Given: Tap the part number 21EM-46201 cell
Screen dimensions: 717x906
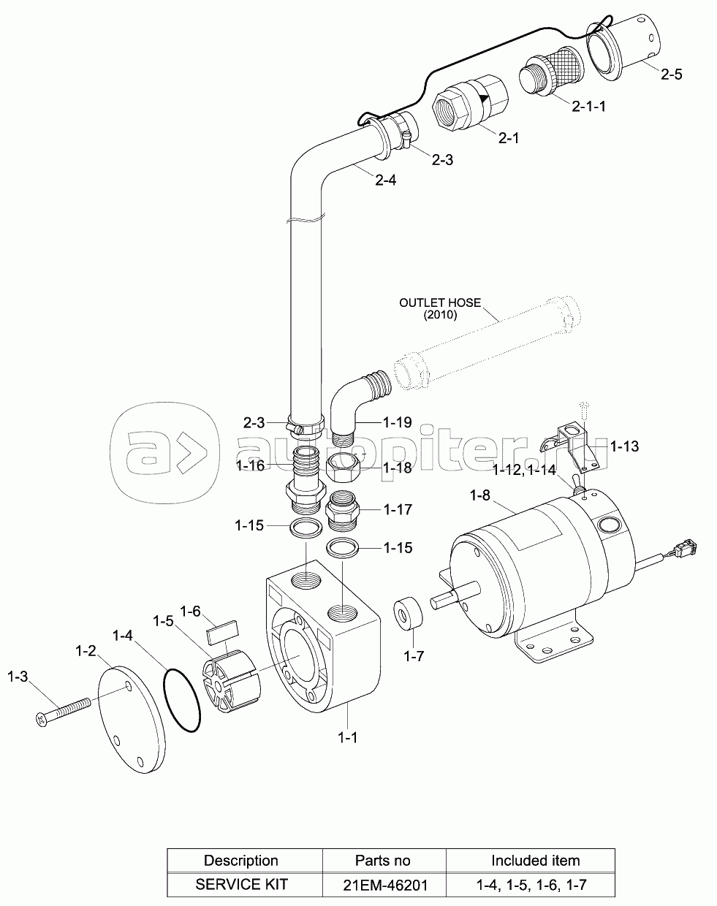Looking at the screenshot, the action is pos(384,885).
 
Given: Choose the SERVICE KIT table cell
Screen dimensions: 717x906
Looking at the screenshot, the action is pos(241,885).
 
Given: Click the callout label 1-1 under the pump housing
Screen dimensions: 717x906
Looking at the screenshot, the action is pos(347,737).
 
